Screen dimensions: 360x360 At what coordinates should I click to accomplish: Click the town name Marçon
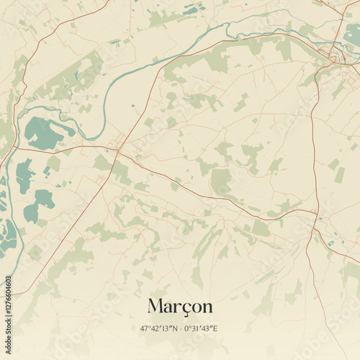coord(180,306)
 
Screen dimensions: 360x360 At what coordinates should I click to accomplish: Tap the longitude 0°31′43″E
coord(201,329)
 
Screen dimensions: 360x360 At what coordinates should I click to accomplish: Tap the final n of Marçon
coord(207,307)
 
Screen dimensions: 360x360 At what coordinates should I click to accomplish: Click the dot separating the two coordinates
coord(180,329)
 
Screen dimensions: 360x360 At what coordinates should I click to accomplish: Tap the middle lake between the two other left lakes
coord(24,174)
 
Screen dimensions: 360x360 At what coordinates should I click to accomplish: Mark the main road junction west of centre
coord(117,150)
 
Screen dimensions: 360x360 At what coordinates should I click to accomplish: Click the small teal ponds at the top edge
coord(193,9)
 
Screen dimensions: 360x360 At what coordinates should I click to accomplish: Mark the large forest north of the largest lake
coord(72,79)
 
